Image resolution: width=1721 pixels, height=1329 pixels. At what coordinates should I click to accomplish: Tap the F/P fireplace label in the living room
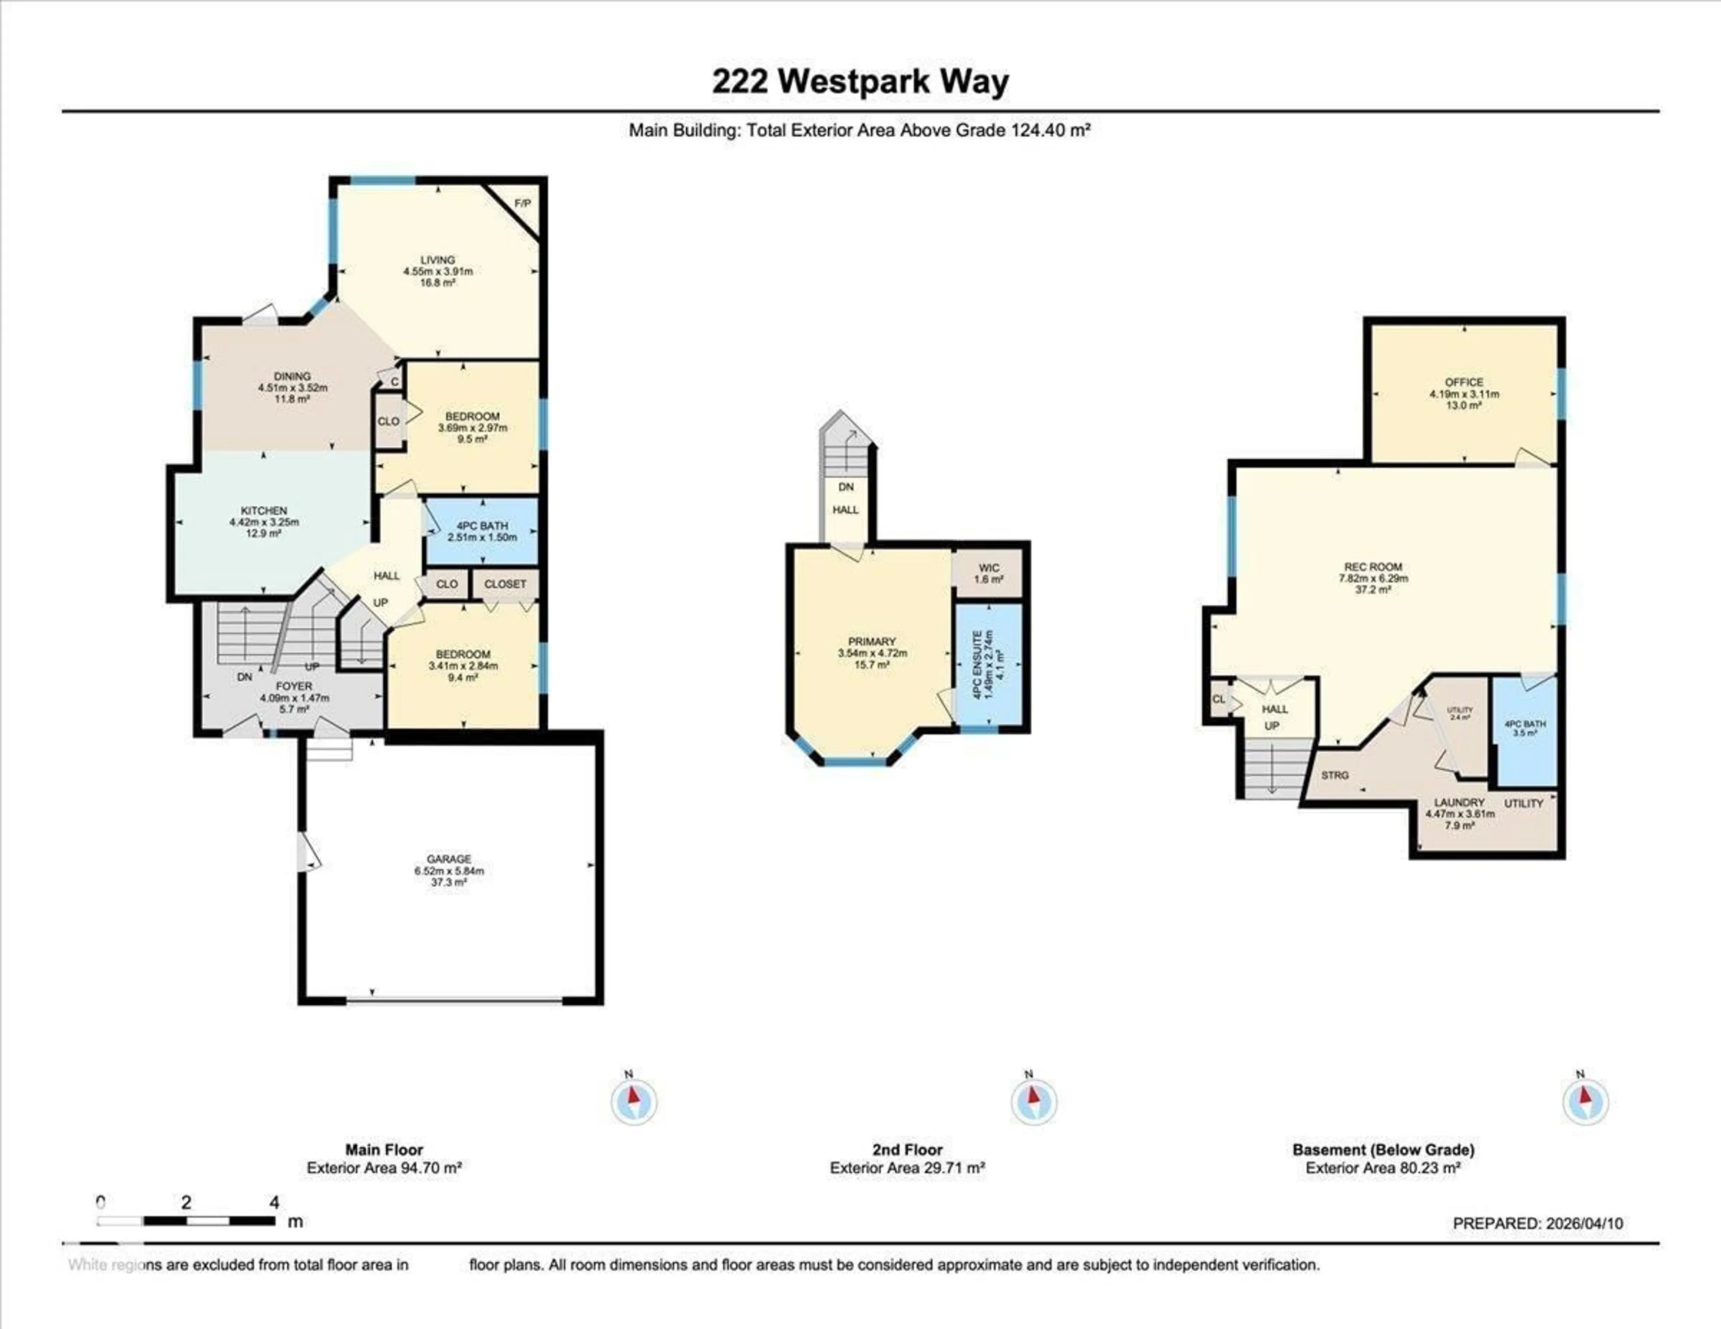523,203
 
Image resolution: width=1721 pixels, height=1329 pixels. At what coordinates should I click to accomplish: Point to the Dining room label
292,376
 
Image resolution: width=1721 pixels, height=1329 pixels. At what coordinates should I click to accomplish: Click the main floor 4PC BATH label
482,526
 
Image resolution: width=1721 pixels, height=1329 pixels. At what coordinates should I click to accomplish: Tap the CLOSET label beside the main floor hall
505,584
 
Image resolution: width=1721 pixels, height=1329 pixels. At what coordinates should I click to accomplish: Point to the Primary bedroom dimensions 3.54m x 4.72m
872,653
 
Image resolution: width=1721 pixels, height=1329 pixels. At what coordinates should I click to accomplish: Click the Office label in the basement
1464,382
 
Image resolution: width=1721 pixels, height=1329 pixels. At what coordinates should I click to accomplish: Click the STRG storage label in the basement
1335,775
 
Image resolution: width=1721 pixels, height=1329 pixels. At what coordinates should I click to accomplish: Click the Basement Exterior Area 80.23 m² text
1383,1168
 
